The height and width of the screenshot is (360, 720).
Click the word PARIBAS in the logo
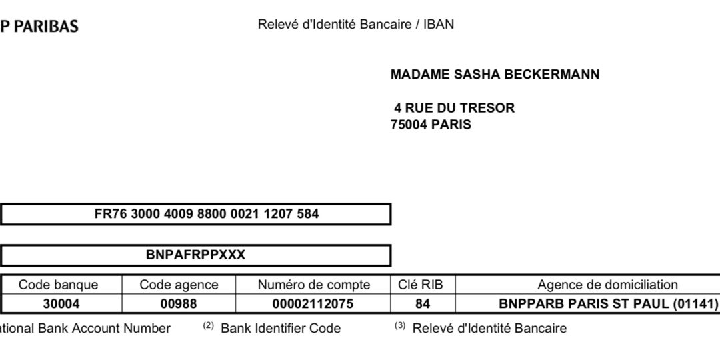(47, 27)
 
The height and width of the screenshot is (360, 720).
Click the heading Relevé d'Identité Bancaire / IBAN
(355, 25)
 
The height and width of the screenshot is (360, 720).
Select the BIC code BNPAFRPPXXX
(195, 255)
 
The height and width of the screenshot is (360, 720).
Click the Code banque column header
(58, 285)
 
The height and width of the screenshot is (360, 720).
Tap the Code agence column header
(179, 285)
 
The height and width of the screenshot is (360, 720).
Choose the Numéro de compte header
(313, 285)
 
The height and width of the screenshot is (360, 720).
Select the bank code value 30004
(58, 304)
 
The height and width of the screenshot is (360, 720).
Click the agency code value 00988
(179, 304)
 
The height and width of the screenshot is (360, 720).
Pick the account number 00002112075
(313, 304)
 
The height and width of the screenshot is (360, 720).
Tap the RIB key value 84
(422, 304)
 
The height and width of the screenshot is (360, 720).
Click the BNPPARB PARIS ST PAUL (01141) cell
(608, 304)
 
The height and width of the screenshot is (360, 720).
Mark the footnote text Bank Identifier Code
(281, 328)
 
